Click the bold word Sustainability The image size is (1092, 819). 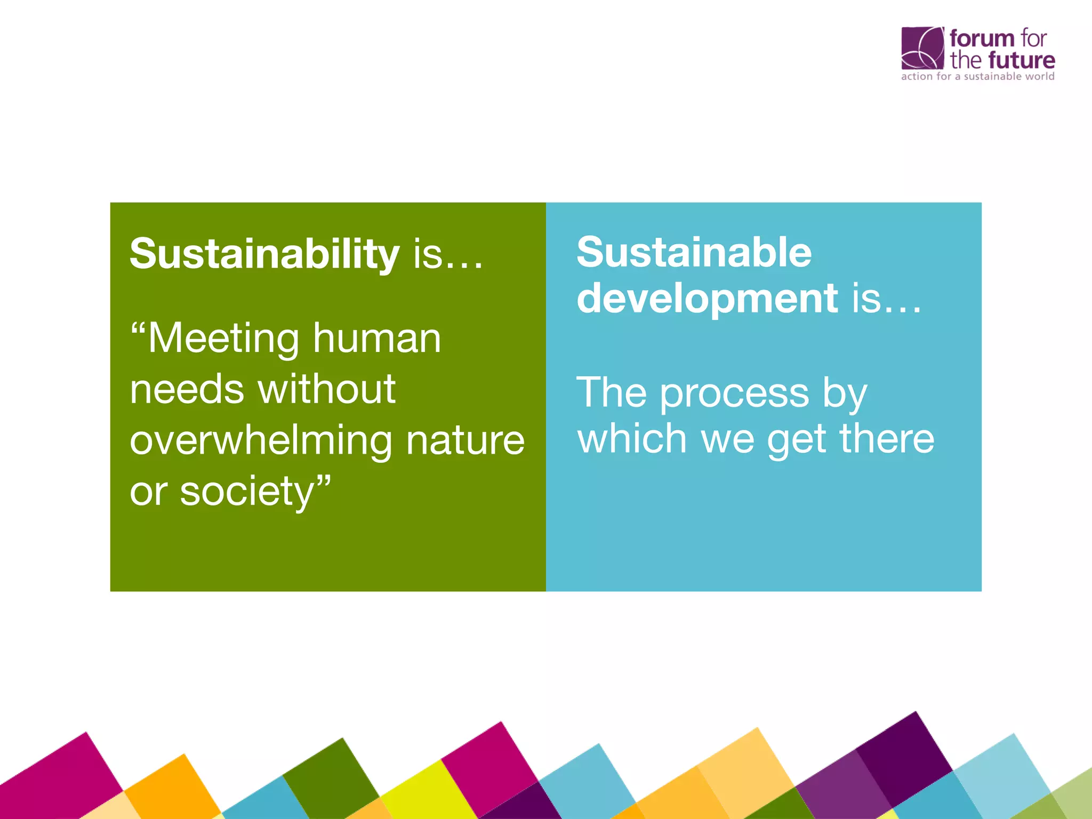(x=264, y=254)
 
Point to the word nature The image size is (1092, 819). (x=465, y=441)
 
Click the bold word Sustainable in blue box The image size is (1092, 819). (x=694, y=252)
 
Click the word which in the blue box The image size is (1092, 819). (x=632, y=439)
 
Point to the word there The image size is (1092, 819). (x=887, y=439)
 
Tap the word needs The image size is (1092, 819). (x=187, y=389)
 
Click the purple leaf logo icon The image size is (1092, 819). (x=922, y=48)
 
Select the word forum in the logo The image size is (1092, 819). (x=982, y=38)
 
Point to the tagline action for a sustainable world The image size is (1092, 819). (x=977, y=77)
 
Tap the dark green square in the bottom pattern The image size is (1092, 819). (x=331, y=773)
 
